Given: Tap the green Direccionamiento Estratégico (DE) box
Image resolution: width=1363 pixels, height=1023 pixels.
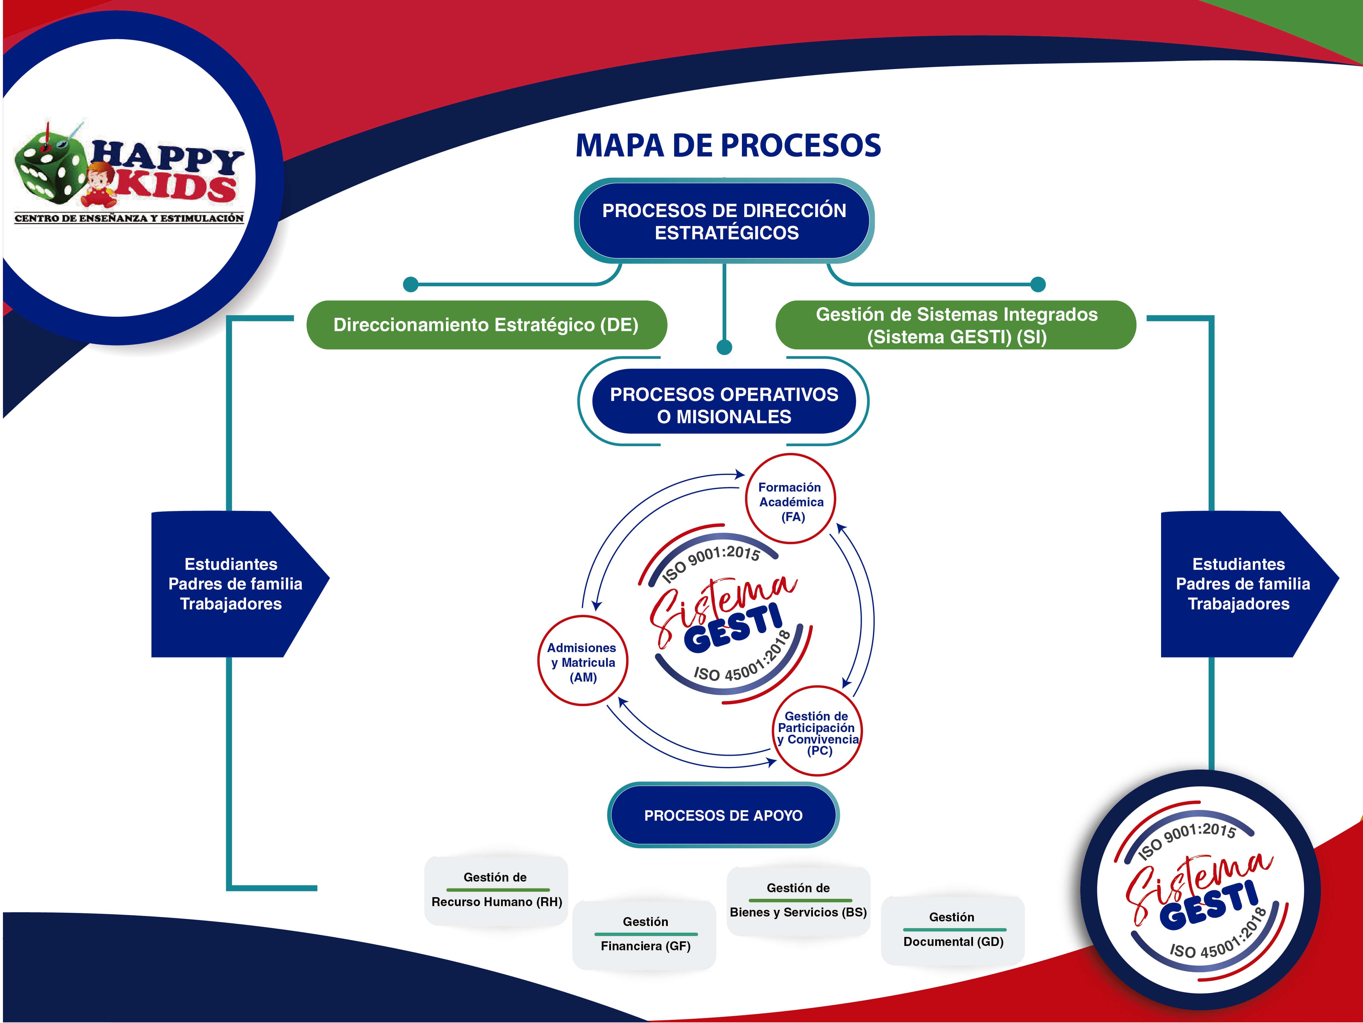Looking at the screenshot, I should click(486, 325).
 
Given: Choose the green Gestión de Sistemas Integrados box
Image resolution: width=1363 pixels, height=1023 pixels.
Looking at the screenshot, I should click(956, 325).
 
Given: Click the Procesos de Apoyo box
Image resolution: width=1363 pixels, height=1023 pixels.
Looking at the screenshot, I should click(723, 815).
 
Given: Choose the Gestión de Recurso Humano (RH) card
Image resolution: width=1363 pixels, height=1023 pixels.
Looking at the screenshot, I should click(496, 890).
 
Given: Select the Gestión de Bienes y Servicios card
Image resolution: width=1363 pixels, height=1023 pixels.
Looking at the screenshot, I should click(798, 900).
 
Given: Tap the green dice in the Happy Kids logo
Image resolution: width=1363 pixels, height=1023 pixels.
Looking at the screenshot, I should click(49, 167).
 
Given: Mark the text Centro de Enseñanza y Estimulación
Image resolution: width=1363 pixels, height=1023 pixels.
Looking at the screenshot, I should click(130, 218).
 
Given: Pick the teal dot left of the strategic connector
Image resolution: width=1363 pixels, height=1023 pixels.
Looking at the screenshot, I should click(410, 284).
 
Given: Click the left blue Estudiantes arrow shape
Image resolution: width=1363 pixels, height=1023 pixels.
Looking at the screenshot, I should click(234, 584).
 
